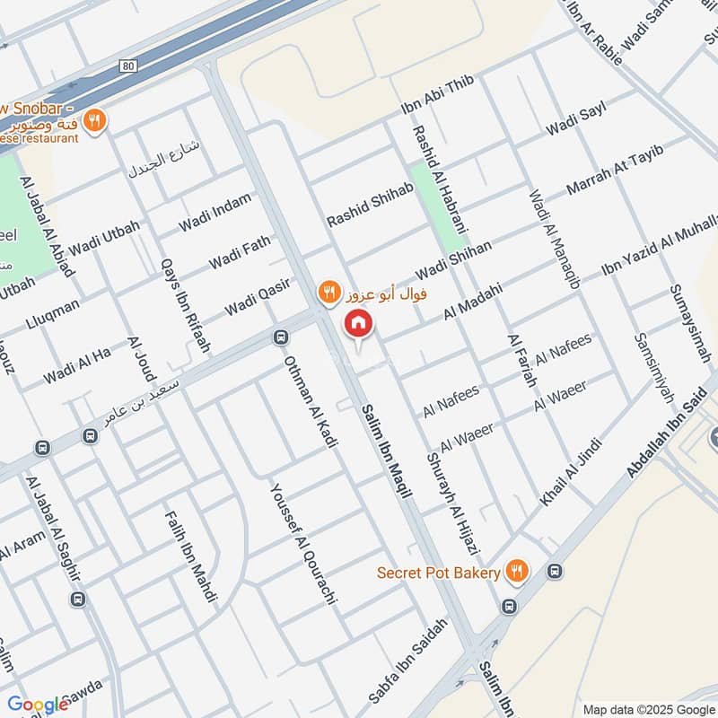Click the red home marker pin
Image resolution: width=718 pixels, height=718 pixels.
pos(357,323)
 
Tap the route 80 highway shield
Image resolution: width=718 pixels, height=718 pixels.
pos(130,66)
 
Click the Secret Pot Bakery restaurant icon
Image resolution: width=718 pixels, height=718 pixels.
pos(516,571)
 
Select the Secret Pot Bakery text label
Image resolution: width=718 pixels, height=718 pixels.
pos(439,572)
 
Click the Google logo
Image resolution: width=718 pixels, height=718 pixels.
pos(38,705)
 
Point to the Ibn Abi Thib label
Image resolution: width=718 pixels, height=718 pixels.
pos(436,95)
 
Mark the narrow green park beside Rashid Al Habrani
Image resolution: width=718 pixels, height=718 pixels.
pos(438,206)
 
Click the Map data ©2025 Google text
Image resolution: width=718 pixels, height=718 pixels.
pos(646,708)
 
